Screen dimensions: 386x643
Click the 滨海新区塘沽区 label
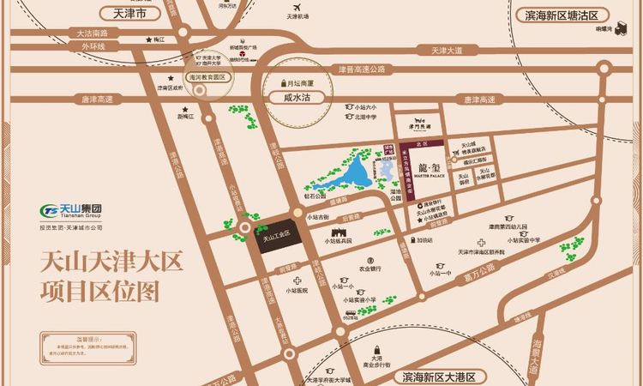click(x=562, y=16)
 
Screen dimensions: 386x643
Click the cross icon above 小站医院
click(x=297, y=281)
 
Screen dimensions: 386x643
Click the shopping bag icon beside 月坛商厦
click(x=284, y=83)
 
